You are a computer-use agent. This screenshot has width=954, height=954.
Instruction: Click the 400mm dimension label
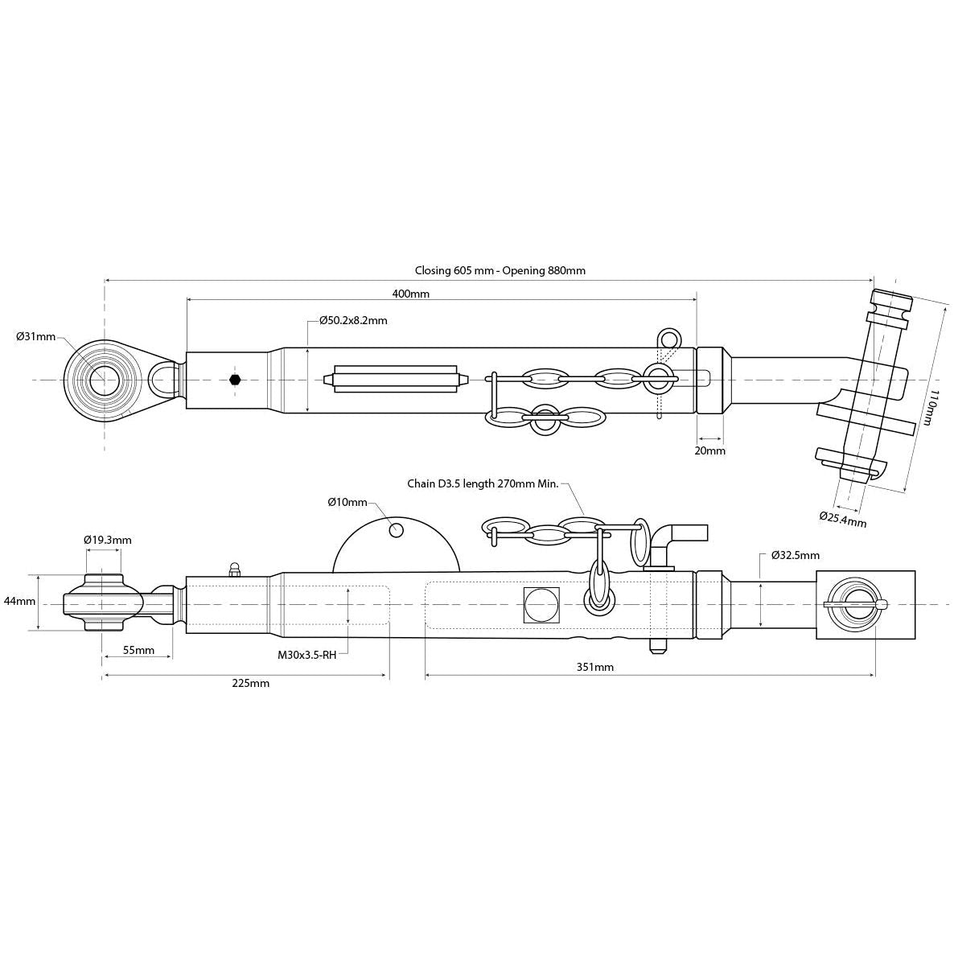click(410, 294)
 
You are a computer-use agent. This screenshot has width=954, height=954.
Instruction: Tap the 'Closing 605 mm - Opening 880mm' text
click(500, 270)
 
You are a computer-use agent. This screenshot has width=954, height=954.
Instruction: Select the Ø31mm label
click(36, 336)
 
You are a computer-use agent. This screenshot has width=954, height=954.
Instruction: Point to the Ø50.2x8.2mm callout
click(353, 320)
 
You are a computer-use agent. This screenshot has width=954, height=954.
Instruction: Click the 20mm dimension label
click(709, 450)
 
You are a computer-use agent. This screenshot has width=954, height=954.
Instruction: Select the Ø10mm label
click(347, 502)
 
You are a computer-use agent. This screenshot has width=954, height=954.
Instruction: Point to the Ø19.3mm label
click(108, 540)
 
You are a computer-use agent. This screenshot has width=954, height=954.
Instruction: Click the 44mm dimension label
click(19, 601)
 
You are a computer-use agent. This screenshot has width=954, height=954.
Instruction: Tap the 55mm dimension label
click(138, 649)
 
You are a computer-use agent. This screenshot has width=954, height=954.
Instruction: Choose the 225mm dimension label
click(250, 683)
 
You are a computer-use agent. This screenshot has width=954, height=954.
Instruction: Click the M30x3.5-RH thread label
click(306, 655)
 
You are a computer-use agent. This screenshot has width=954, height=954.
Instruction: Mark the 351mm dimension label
click(595, 666)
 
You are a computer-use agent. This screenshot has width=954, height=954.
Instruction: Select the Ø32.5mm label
click(795, 555)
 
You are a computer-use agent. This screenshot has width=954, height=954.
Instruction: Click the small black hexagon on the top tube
click(235, 379)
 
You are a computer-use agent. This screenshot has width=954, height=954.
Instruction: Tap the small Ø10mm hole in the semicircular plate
click(396, 530)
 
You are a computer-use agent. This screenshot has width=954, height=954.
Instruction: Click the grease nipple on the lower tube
click(235, 570)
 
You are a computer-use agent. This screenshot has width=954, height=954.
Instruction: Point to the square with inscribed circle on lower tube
click(541, 604)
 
